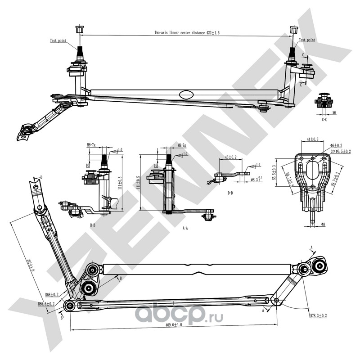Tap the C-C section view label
[324, 120]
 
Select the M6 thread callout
[334, 112]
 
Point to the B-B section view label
[92, 224]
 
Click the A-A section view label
[185, 228]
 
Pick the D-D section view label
[230, 193]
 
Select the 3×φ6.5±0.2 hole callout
[341, 152]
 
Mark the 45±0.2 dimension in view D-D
[231, 157]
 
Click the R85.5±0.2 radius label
[46, 304]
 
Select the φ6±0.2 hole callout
[336, 145]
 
